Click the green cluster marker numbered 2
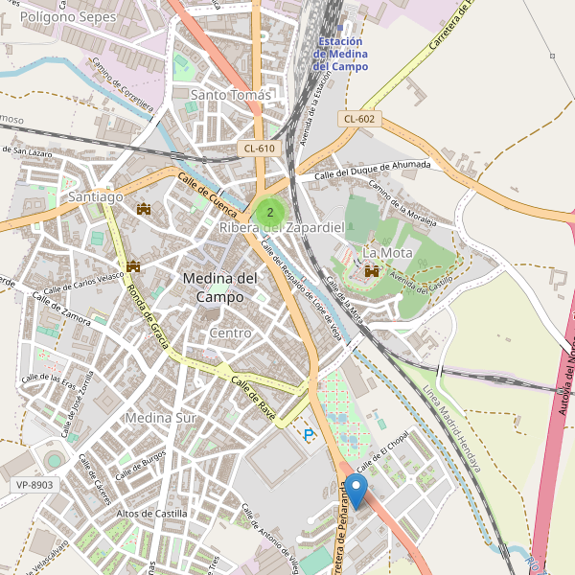coord(270,212)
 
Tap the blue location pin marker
coord(356,491)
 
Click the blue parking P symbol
coord(309,435)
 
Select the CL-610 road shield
coord(260,148)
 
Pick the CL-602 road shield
coord(357,119)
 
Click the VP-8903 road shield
coord(34,485)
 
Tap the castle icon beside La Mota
coord(371,272)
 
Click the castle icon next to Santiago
coord(145,208)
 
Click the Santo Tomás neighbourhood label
coord(230,95)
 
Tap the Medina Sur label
coord(160,418)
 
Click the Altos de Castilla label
coord(151,514)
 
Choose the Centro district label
coord(230,333)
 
